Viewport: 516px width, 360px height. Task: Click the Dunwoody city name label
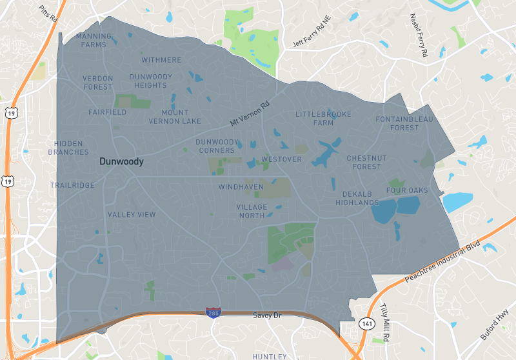tap(121, 163)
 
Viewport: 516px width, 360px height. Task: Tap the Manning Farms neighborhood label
tap(94, 41)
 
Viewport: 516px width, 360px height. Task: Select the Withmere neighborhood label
tap(161, 60)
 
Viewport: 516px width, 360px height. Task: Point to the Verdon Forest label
tap(98, 83)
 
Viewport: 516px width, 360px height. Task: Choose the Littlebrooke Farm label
tap(324, 118)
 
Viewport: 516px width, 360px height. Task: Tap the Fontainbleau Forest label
tap(405, 123)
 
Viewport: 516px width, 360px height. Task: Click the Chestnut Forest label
tap(366, 162)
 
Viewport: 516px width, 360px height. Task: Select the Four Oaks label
tap(407, 190)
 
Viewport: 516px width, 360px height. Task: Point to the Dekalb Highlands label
tap(357, 198)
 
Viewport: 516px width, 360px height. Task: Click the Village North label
tap(251, 211)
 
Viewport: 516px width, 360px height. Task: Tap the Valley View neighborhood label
tap(132, 214)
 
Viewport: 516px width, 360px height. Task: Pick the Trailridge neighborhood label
tap(72, 185)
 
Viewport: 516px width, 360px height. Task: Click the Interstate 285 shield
tap(212, 312)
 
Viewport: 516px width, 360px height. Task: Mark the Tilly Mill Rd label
tap(386, 317)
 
